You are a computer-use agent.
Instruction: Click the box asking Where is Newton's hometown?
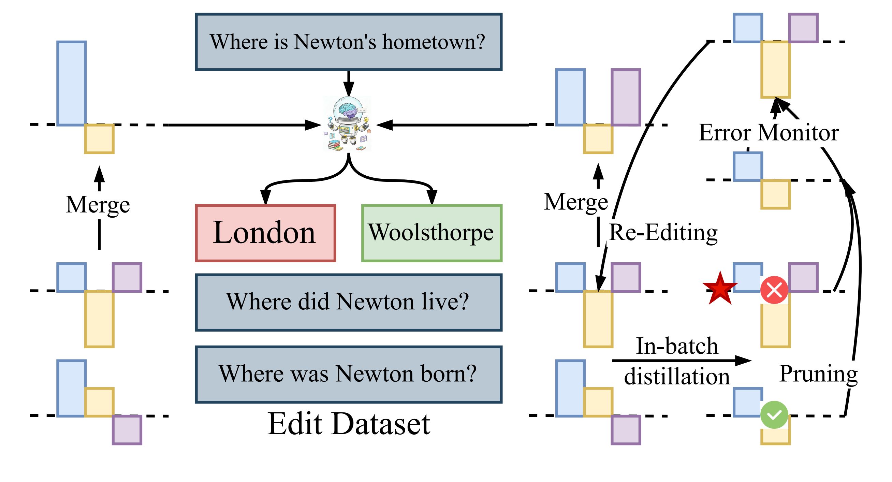click(x=348, y=42)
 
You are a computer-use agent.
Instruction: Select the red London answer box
click(x=265, y=233)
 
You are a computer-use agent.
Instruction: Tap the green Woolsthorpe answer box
click(x=432, y=233)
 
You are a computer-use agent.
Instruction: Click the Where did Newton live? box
click(x=348, y=302)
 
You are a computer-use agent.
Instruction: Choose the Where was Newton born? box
click(x=348, y=374)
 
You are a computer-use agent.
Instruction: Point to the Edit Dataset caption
click(x=348, y=423)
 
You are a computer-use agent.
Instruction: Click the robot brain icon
click(x=348, y=124)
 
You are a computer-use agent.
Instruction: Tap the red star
click(x=720, y=289)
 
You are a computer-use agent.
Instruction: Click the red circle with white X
click(x=774, y=290)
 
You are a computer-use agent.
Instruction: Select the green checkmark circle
click(x=774, y=414)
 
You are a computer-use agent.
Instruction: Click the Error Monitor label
click(x=769, y=133)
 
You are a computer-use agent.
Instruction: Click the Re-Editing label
click(x=663, y=233)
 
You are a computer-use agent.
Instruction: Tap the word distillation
click(x=677, y=376)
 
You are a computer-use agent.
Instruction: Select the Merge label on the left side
click(x=98, y=205)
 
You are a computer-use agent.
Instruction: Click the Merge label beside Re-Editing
click(x=576, y=202)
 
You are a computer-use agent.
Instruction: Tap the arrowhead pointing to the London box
click(x=265, y=198)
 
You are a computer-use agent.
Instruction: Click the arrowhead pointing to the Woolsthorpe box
click(x=432, y=198)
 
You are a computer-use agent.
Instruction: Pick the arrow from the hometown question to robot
click(x=349, y=84)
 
